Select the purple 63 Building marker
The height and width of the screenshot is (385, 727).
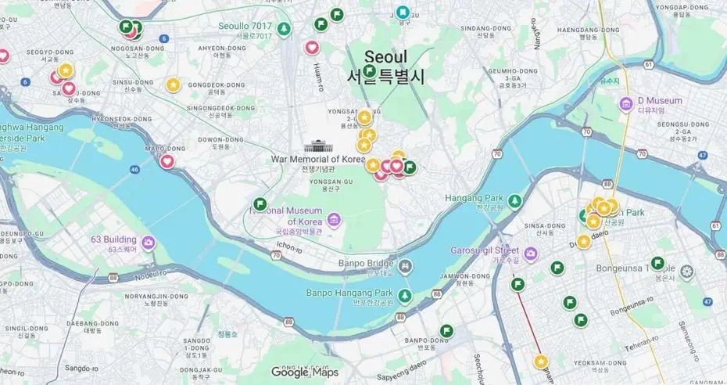(x=148, y=243)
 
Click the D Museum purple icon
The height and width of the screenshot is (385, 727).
(x=625, y=103)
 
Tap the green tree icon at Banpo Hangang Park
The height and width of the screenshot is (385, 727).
(x=405, y=295)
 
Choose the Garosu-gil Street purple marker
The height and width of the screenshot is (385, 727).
(x=531, y=254)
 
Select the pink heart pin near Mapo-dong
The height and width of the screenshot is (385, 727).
(x=167, y=162)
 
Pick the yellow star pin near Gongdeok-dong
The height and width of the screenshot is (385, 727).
(x=173, y=85)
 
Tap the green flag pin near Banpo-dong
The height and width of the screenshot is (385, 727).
(x=447, y=331)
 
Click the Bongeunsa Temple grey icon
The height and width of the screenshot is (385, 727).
(x=686, y=272)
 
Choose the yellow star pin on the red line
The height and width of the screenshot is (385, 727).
(x=541, y=361)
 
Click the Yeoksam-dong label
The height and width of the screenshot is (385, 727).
(x=599, y=362)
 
